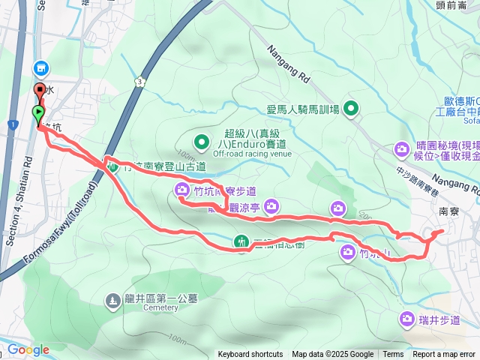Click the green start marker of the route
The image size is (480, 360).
click(x=37, y=113)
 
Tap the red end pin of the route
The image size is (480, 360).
click(x=39, y=92)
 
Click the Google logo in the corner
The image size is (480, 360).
click(x=28, y=349)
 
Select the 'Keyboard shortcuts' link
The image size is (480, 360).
click(x=250, y=355)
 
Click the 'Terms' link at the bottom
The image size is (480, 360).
click(x=393, y=355)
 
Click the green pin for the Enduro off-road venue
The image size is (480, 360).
click(x=202, y=140)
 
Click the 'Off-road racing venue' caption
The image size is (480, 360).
click(x=251, y=154)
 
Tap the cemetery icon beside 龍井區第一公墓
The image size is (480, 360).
click(x=112, y=300)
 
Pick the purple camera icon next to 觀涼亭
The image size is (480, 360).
click(x=272, y=205)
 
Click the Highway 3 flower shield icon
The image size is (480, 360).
click(x=139, y=80)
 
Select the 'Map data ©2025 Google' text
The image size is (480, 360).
click(x=332, y=355)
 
